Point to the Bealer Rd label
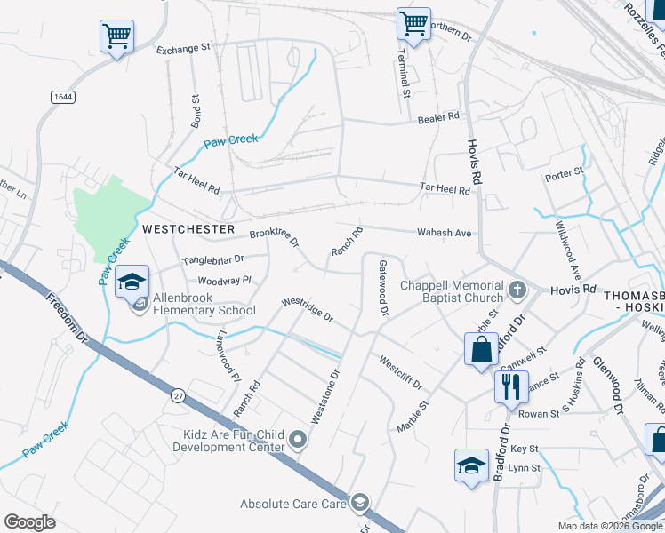(x=439, y=117)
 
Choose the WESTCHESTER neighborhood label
(x=188, y=228)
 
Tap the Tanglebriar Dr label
(x=212, y=260)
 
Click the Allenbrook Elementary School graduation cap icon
(x=132, y=281)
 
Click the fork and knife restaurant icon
(x=509, y=385)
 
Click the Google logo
(x=29, y=522)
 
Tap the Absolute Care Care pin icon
(x=360, y=504)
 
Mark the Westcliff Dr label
(x=400, y=374)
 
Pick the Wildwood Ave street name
(x=566, y=249)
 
